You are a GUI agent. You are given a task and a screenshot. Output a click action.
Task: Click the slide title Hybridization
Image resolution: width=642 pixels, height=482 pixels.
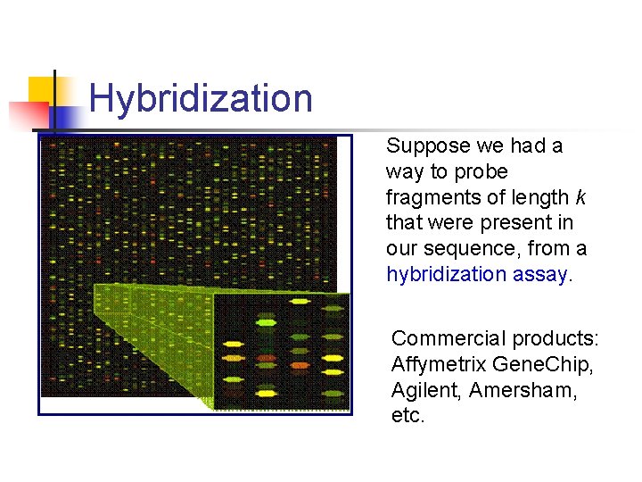[x=201, y=98]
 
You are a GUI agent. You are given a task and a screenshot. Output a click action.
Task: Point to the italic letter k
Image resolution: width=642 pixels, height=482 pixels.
[x=580, y=196]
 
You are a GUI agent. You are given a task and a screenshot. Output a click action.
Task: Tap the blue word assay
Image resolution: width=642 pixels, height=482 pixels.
[x=539, y=274]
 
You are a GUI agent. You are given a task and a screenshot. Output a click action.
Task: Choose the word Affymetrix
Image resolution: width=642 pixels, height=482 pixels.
[x=435, y=364]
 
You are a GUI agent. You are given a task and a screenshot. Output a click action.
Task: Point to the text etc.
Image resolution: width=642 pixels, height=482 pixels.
[x=407, y=416]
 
